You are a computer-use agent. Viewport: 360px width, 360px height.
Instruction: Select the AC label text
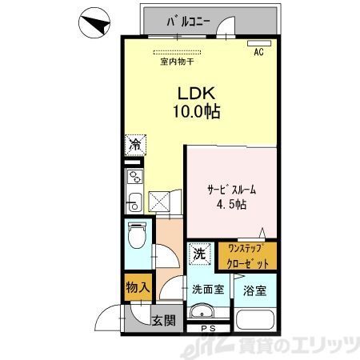(258, 53)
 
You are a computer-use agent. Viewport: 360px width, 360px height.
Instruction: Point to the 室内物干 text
(177, 61)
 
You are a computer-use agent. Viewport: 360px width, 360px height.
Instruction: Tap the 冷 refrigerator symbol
(135, 146)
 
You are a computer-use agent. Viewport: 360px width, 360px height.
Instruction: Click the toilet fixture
(137, 238)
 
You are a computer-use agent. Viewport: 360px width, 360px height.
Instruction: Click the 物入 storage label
(135, 286)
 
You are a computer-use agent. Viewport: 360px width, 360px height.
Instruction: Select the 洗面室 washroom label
(206, 289)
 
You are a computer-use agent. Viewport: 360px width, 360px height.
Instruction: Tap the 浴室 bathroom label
(254, 289)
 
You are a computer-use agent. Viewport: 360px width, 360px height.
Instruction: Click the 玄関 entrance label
(164, 321)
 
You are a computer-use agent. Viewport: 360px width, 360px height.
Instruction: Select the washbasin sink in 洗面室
(204, 312)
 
